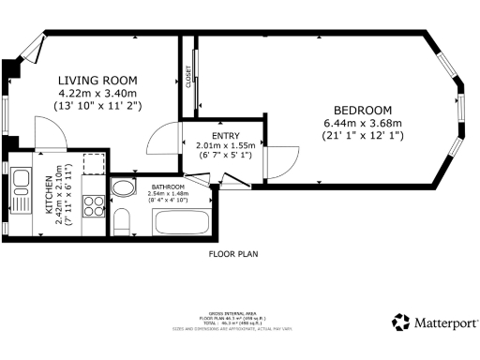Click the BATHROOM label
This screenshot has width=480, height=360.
pos(168,187)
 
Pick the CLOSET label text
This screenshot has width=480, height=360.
pos(189,74)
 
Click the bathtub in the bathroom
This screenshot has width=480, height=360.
pos(180,222)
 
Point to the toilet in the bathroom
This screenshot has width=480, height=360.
pos(122,219)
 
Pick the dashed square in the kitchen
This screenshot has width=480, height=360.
pos(93,165)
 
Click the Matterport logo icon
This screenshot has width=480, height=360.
pos(401,322)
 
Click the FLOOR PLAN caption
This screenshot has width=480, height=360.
pos(233,253)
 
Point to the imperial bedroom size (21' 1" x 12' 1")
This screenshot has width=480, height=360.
pos(362,137)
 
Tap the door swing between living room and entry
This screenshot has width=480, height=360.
pos(165,141)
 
